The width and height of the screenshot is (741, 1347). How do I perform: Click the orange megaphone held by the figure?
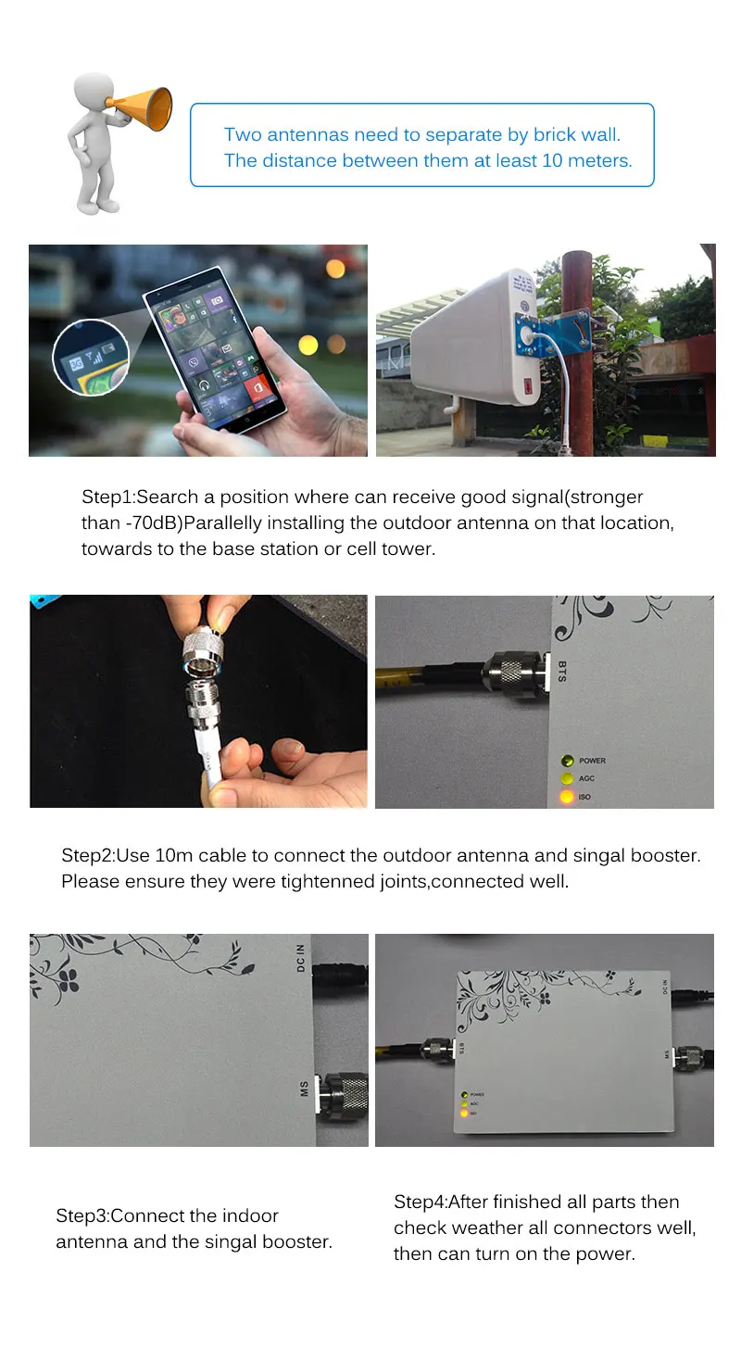click(143, 108)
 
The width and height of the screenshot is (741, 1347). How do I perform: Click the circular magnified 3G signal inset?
click(91, 358)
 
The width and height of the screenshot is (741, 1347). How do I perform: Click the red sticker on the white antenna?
click(528, 384)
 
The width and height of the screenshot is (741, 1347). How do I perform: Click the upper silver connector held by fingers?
click(203, 652)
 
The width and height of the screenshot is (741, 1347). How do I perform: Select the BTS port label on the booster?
click(562, 671)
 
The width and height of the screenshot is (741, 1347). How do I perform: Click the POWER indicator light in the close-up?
click(567, 761)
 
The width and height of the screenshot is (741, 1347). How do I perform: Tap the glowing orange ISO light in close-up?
click(567, 797)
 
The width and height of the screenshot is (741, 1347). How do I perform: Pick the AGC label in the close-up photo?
click(586, 779)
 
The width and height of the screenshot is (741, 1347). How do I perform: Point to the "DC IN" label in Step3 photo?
click(300, 958)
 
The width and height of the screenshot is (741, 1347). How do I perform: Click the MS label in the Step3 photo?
click(304, 1089)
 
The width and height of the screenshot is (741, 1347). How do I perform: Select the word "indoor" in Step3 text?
click(250, 1215)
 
